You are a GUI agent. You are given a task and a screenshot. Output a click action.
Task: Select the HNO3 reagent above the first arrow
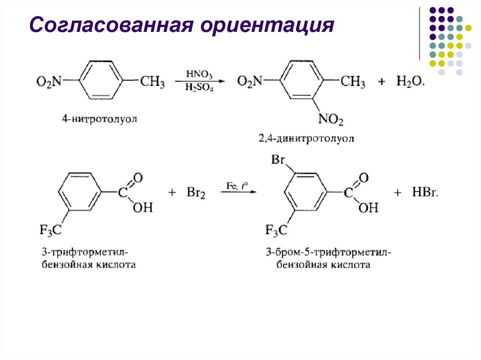point(199,74)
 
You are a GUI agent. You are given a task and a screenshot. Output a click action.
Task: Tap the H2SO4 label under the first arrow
point(199,88)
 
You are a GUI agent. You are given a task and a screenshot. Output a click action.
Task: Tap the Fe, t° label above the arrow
point(237,186)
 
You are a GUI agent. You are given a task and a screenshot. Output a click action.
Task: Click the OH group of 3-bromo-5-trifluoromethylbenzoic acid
point(368,207)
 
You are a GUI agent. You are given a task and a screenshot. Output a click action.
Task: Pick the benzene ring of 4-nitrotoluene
point(101,81)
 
